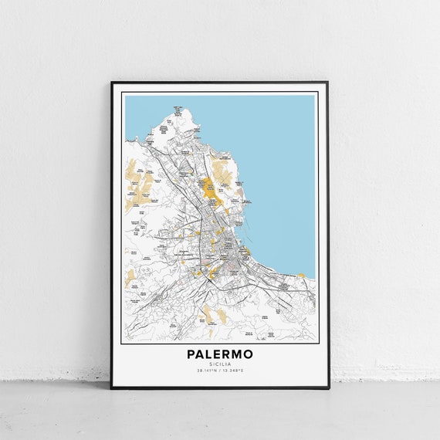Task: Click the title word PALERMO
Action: click(219, 354)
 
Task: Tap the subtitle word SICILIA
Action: click(219, 364)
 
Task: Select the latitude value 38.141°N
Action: click(208, 371)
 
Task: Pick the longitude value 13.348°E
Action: click(232, 371)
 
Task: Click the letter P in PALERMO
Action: click(191, 354)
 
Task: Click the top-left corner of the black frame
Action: click(111, 82)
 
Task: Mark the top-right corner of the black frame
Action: click(328, 82)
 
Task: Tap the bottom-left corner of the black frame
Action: click(111, 388)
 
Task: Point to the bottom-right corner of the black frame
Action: click(328, 388)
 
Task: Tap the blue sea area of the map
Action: click(278, 154)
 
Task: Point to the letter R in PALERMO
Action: click(228, 354)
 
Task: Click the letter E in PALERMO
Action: click(218, 354)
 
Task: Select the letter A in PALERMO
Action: click(200, 354)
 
